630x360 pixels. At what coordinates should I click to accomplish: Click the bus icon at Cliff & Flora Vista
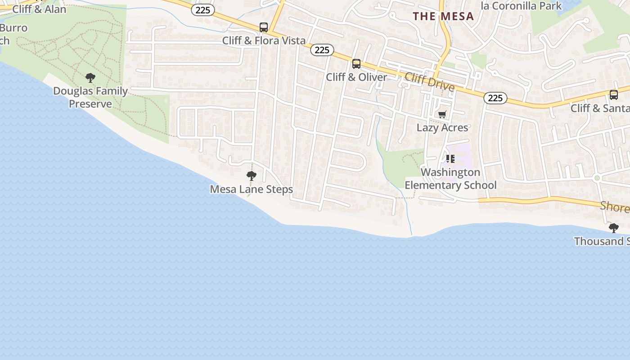tap(264, 27)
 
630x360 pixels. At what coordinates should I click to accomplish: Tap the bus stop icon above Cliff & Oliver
tap(356, 64)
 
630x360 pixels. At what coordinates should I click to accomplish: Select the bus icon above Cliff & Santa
tap(613, 95)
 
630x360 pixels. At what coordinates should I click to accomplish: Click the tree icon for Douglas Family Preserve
tap(90, 78)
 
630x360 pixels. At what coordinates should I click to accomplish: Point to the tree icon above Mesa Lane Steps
tap(252, 176)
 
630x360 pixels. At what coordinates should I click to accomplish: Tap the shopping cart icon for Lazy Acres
tap(442, 115)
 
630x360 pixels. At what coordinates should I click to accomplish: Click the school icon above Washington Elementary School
tap(450, 159)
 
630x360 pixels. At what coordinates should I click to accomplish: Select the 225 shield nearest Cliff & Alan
tap(203, 10)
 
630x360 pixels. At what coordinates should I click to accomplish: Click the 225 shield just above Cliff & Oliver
tap(322, 50)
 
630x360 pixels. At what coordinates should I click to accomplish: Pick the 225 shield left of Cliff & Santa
tap(495, 98)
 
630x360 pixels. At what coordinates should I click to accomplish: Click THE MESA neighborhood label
tap(444, 17)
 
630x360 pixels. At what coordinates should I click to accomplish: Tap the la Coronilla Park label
tap(521, 6)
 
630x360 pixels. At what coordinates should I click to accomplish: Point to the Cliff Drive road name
tap(429, 81)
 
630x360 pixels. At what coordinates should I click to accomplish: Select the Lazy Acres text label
tap(442, 128)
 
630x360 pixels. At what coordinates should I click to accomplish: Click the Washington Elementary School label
tap(450, 179)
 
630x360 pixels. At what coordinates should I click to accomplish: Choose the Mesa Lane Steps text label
tap(252, 189)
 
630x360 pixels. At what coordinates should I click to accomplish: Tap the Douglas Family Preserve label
tap(90, 97)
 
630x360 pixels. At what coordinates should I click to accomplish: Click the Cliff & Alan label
tap(39, 9)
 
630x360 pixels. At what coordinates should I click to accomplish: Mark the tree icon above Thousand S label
tap(613, 228)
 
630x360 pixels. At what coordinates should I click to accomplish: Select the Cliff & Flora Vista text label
tap(264, 40)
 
